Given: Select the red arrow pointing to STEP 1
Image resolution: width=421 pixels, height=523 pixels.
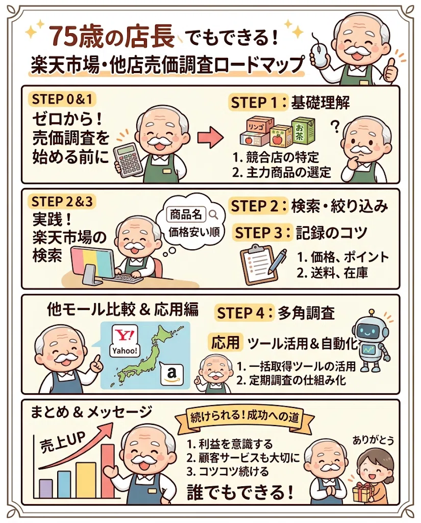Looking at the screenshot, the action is click(210, 137).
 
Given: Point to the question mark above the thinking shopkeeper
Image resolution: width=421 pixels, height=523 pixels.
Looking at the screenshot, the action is click(335, 126).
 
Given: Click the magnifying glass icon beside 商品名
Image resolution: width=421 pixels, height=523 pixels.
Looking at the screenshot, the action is click(213, 214).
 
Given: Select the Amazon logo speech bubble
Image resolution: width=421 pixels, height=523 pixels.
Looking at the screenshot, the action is click(171, 373).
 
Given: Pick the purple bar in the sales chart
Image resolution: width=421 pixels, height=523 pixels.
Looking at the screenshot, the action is click(45, 488).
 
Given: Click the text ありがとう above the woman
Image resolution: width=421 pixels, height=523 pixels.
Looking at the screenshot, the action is click(374, 440).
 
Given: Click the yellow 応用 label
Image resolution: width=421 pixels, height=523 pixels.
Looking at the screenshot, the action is click(226, 342).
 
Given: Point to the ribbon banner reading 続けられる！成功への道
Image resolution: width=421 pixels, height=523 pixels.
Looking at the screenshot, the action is click(244, 418).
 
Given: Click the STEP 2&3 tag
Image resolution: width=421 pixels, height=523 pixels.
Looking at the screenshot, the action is click(62, 202).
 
